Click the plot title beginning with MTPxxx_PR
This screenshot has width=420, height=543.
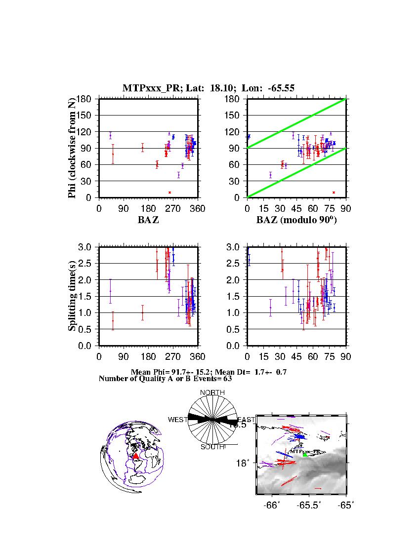pos(209,88)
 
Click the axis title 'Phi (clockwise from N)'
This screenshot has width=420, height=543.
pos(73,148)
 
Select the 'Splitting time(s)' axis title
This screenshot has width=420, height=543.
pos(73,296)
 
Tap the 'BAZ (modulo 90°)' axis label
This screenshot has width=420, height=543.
pos(296,220)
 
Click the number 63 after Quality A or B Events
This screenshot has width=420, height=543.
pos(221,379)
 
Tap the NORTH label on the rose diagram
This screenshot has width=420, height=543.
pos(212,392)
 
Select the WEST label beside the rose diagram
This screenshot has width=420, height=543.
pos(177,420)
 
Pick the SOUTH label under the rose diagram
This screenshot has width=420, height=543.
pos(212,447)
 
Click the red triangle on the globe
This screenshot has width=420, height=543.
pos(136,456)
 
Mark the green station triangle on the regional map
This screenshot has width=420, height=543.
pos(305,455)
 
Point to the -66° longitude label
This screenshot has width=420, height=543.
pos(271,505)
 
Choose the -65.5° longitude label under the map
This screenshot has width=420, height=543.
pos(310,505)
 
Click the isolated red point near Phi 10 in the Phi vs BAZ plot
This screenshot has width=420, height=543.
pos(169,193)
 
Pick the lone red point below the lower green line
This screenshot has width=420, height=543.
pos(334,193)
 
